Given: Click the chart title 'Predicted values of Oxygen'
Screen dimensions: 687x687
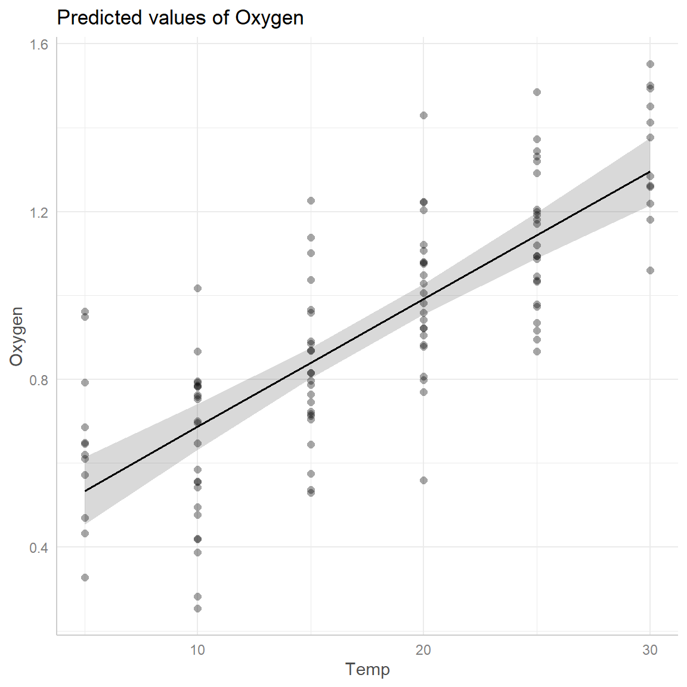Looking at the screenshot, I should (x=180, y=18).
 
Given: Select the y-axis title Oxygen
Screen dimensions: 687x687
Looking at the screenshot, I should (x=16, y=336).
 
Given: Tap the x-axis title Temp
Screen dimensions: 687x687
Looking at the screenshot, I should (x=367, y=669).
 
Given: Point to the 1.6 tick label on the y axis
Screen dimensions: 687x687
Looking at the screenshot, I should (x=39, y=44).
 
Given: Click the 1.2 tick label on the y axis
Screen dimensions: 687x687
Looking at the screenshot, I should (x=39, y=212).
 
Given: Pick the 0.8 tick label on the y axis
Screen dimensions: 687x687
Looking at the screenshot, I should (x=39, y=379).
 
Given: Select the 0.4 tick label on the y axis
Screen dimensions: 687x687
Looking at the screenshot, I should (x=39, y=547).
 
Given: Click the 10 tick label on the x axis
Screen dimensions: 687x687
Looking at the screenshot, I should (x=197, y=650).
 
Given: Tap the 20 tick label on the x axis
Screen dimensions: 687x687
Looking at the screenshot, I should (x=423, y=650).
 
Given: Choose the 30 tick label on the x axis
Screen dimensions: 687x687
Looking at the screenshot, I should (x=650, y=650).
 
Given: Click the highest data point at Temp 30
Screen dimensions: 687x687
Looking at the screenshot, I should (x=650, y=64).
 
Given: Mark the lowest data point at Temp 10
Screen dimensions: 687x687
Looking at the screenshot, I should (x=197, y=608).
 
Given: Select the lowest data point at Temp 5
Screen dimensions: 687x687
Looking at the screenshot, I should (x=85, y=577).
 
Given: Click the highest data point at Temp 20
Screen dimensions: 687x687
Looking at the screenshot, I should (x=423, y=115).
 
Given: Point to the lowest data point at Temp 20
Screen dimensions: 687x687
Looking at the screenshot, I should (x=423, y=480).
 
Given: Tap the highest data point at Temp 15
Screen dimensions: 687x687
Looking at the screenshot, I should (x=311, y=200).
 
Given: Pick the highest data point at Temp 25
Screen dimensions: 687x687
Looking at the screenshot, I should (x=537, y=92).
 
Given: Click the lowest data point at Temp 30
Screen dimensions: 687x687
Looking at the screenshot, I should (x=650, y=270).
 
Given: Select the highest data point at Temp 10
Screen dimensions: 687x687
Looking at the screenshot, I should (x=197, y=288).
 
